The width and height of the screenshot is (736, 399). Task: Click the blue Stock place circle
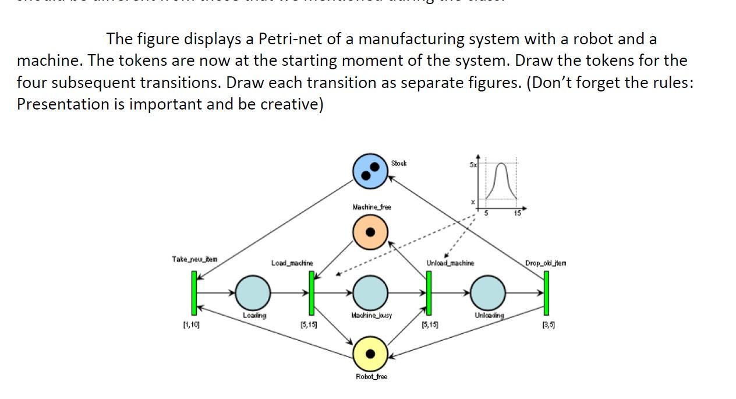click(x=370, y=171)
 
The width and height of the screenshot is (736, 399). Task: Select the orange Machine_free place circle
click(x=370, y=231)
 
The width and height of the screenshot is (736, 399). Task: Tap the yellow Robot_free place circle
click(x=370, y=353)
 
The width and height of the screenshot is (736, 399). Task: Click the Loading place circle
click(x=253, y=292)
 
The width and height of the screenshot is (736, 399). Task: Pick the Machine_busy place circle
click(x=370, y=292)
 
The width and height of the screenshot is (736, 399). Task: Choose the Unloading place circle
click(x=487, y=292)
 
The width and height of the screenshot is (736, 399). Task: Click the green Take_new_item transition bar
click(x=194, y=294)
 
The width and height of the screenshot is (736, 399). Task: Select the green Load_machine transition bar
click(x=312, y=294)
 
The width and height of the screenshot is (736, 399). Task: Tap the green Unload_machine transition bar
click(x=429, y=294)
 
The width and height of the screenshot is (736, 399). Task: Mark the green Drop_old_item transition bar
click(x=546, y=294)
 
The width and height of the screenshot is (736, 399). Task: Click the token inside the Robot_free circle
click(x=370, y=354)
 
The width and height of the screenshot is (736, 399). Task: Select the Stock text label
click(x=399, y=164)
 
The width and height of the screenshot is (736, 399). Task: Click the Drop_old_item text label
click(x=546, y=263)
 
